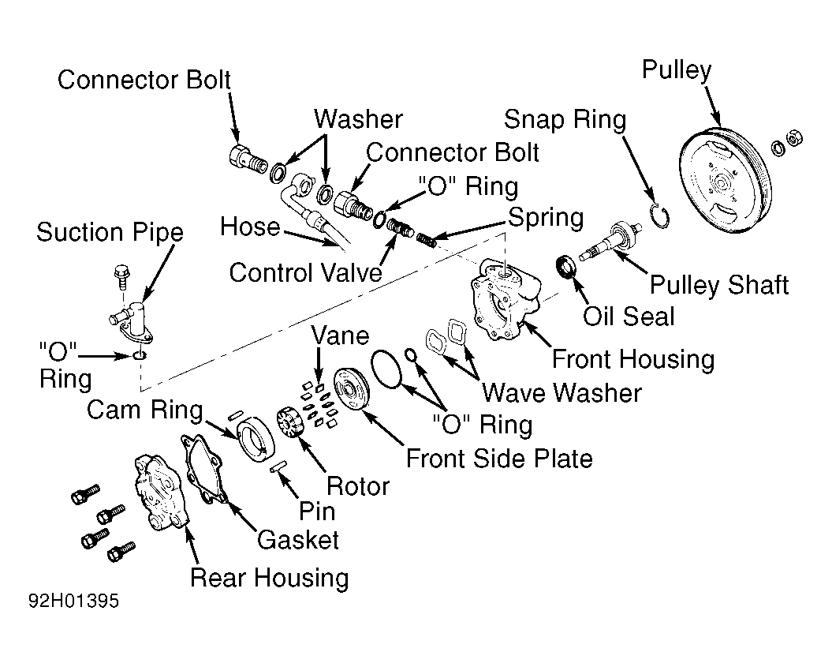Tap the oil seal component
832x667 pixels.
(566, 267)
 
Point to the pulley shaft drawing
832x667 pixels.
(610, 242)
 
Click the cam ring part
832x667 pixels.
(256, 439)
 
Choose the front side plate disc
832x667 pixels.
(351, 389)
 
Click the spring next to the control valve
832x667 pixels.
(427, 240)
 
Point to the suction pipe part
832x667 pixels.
(132, 320)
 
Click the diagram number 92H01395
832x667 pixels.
(74, 601)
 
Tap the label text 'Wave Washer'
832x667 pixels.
(562, 393)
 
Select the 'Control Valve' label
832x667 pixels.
(306, 272)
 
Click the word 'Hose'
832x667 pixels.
(250, 227)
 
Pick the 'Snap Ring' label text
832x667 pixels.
(565, 119)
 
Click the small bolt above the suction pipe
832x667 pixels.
(121, 275)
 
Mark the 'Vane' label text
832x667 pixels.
(340, 335)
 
